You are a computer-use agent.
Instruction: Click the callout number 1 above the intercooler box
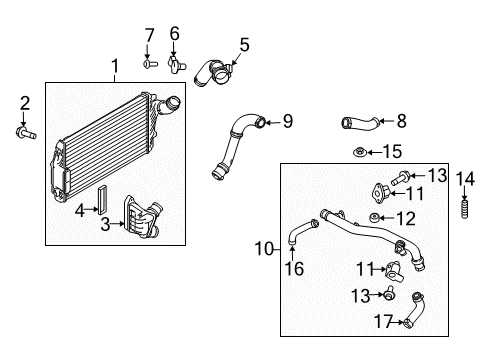tap(114, 67)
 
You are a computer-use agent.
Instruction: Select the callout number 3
tap(106, 225)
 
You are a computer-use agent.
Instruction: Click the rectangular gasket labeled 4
tap(100, 199)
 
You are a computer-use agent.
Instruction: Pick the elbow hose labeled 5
tap(214, 73)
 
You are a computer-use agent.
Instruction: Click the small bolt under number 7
tap(149, 64)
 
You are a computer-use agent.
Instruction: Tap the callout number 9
tap(286, 122)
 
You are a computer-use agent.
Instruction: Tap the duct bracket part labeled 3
tap(140, 216)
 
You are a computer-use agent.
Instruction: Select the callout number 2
tap(25, 102)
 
